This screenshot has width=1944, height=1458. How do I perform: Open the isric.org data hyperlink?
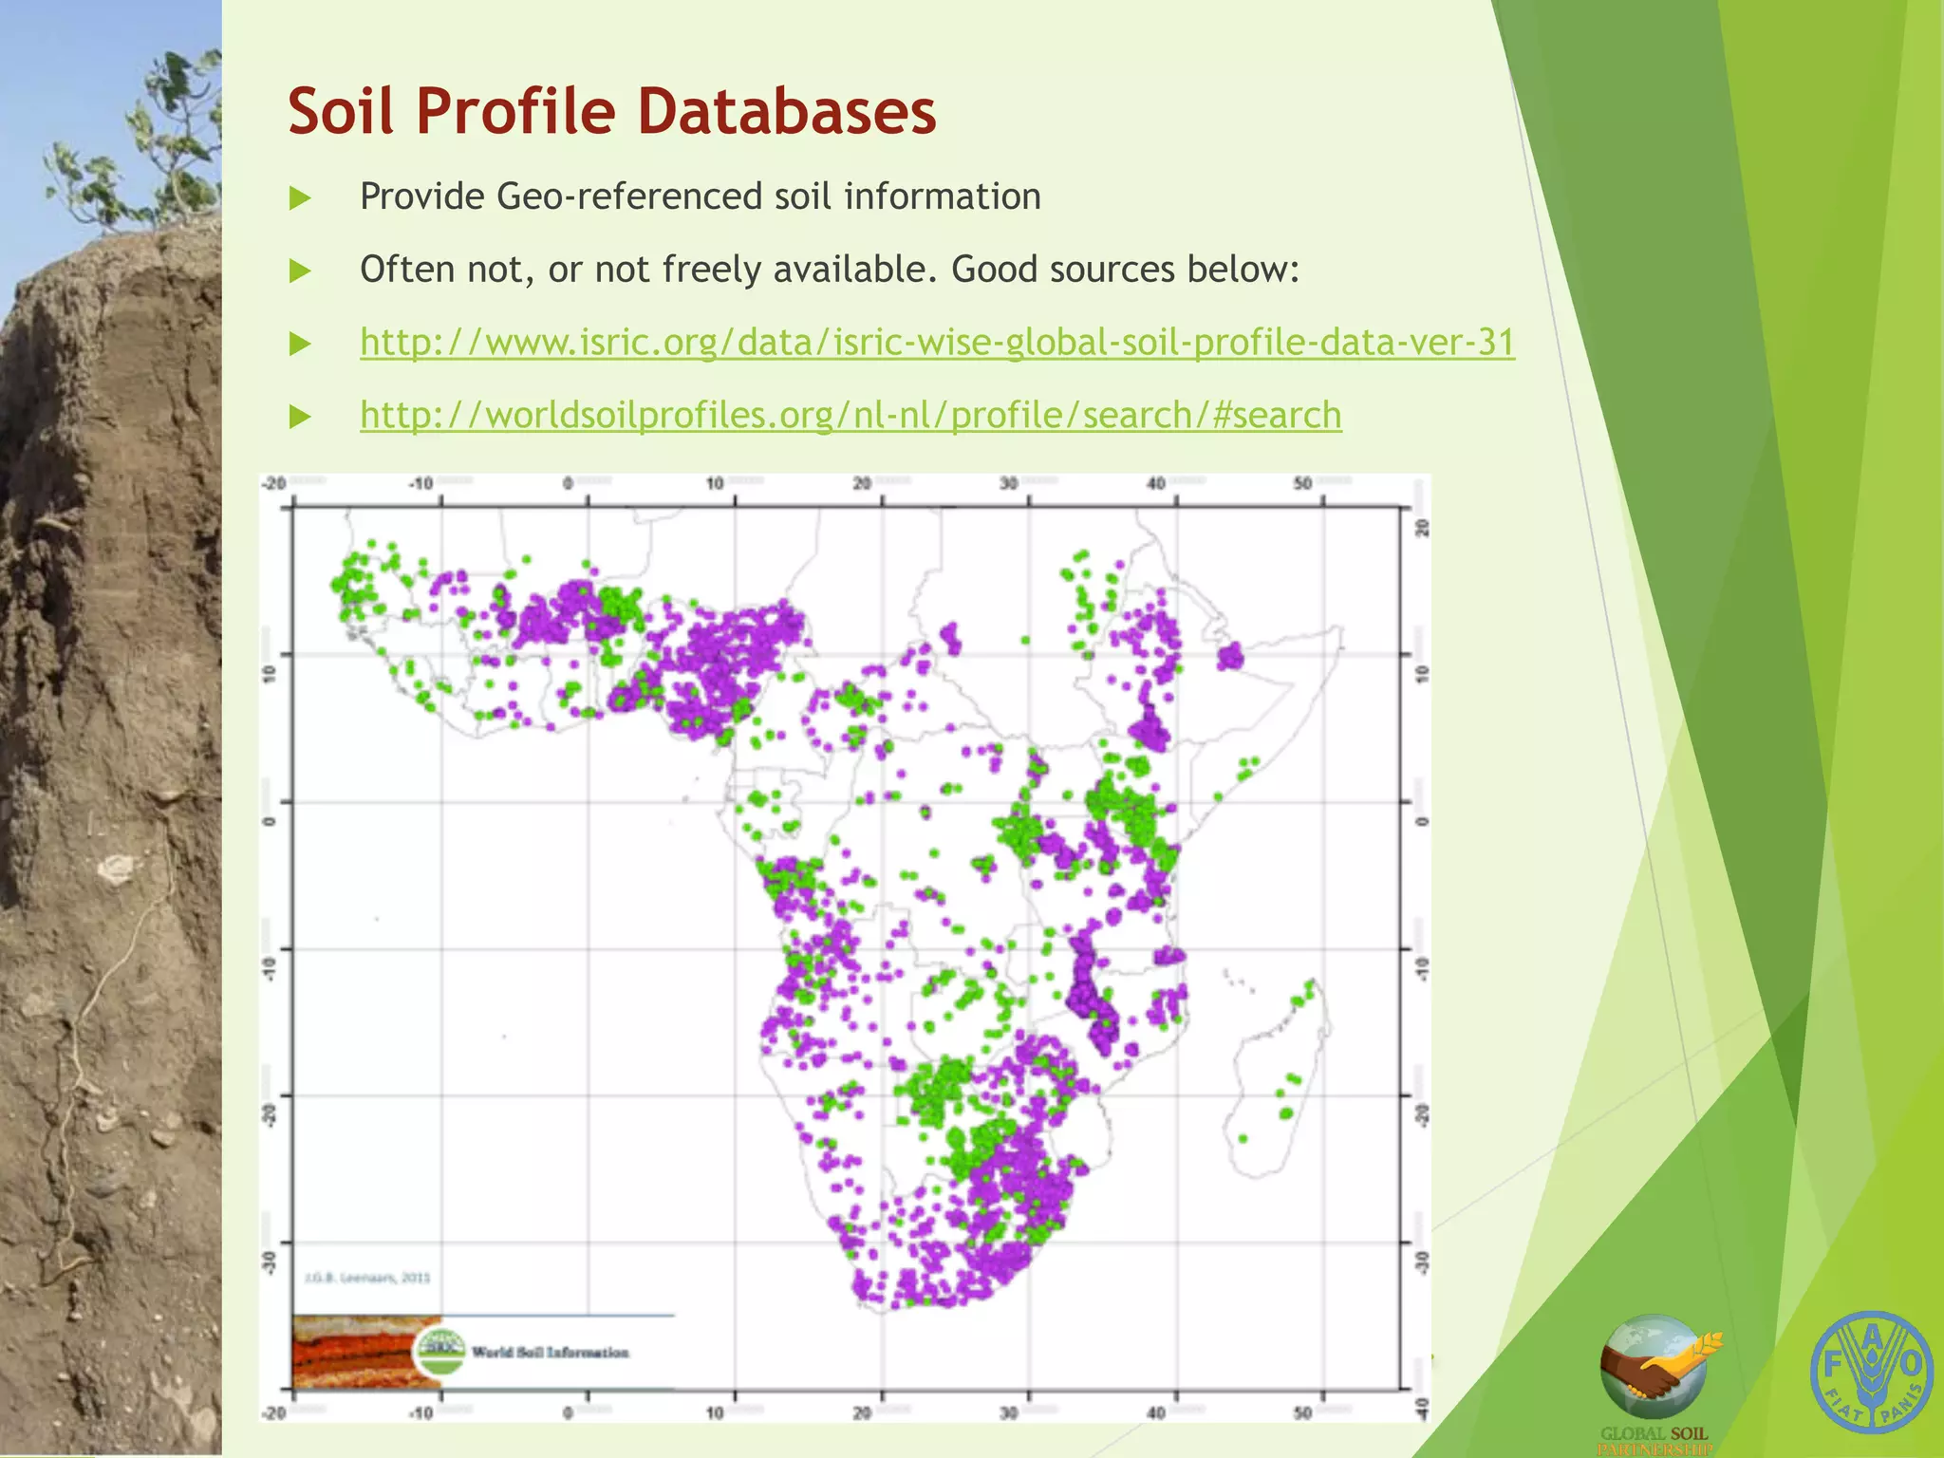click(x=937, y=342)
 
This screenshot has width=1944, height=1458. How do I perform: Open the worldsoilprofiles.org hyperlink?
click(x=850, y=415)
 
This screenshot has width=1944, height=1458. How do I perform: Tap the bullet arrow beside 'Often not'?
click(x=300, y=271)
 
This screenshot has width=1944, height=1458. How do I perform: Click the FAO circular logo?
click(x=1871, y=1372)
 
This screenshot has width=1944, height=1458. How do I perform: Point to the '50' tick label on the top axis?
click(x=1302, y=483)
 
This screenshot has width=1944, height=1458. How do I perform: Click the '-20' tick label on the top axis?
click(x=274, y=483)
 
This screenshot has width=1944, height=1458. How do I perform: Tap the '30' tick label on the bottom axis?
click(x=1008, y=1412)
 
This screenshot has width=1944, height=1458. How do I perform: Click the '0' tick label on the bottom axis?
click(x=568, y=1412)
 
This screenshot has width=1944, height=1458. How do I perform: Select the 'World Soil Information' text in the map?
click(x=550, y=1352)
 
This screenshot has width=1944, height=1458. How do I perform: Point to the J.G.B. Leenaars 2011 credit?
click(x=367, y=1278)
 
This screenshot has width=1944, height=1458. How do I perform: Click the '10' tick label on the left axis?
click(x=270, y=674)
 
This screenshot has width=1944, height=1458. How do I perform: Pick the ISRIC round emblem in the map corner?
click(x=442, y=1350)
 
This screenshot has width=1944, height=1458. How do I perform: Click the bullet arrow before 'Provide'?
click(x=300, y=197)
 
